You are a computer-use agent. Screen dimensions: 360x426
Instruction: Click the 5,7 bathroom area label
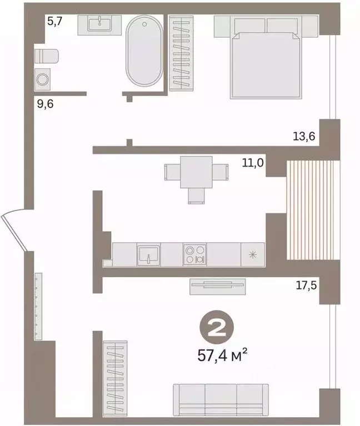pyautogui.click(x=55, y=21)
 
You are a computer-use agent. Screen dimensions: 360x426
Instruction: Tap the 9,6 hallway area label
pyautogui.click(x=45, y=104)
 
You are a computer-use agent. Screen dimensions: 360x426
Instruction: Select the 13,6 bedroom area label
pyautogui.click(x=304, y=136)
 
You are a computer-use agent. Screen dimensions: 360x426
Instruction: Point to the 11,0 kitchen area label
pyautogui.click(x=253, y=163)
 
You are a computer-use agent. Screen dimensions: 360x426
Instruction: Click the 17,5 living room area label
pyautogui.click(x=306, y=285)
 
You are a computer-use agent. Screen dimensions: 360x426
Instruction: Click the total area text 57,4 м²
pyautogui.click(x=222, y=355)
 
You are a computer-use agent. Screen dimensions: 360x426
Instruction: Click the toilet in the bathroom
pyautogui.click(x=47, y=56)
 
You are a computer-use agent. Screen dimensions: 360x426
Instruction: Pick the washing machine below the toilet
pyautogui.click(x=42, y=79)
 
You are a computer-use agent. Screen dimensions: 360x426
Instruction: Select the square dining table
pyautogui.click(x=197, y=172)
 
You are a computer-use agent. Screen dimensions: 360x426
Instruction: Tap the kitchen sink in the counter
pyautogui.click(x=148, y=254)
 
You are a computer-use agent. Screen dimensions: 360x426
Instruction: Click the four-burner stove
pyautogui.click(x=195, y=254)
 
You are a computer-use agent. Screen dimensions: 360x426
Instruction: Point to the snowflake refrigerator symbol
pyautogui.click(x=253, y=254)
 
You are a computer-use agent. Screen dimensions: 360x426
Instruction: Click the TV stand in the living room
pyautogui.click(x=217, y=287)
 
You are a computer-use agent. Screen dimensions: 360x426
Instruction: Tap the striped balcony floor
pyautogui.click(x=313, y=210)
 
